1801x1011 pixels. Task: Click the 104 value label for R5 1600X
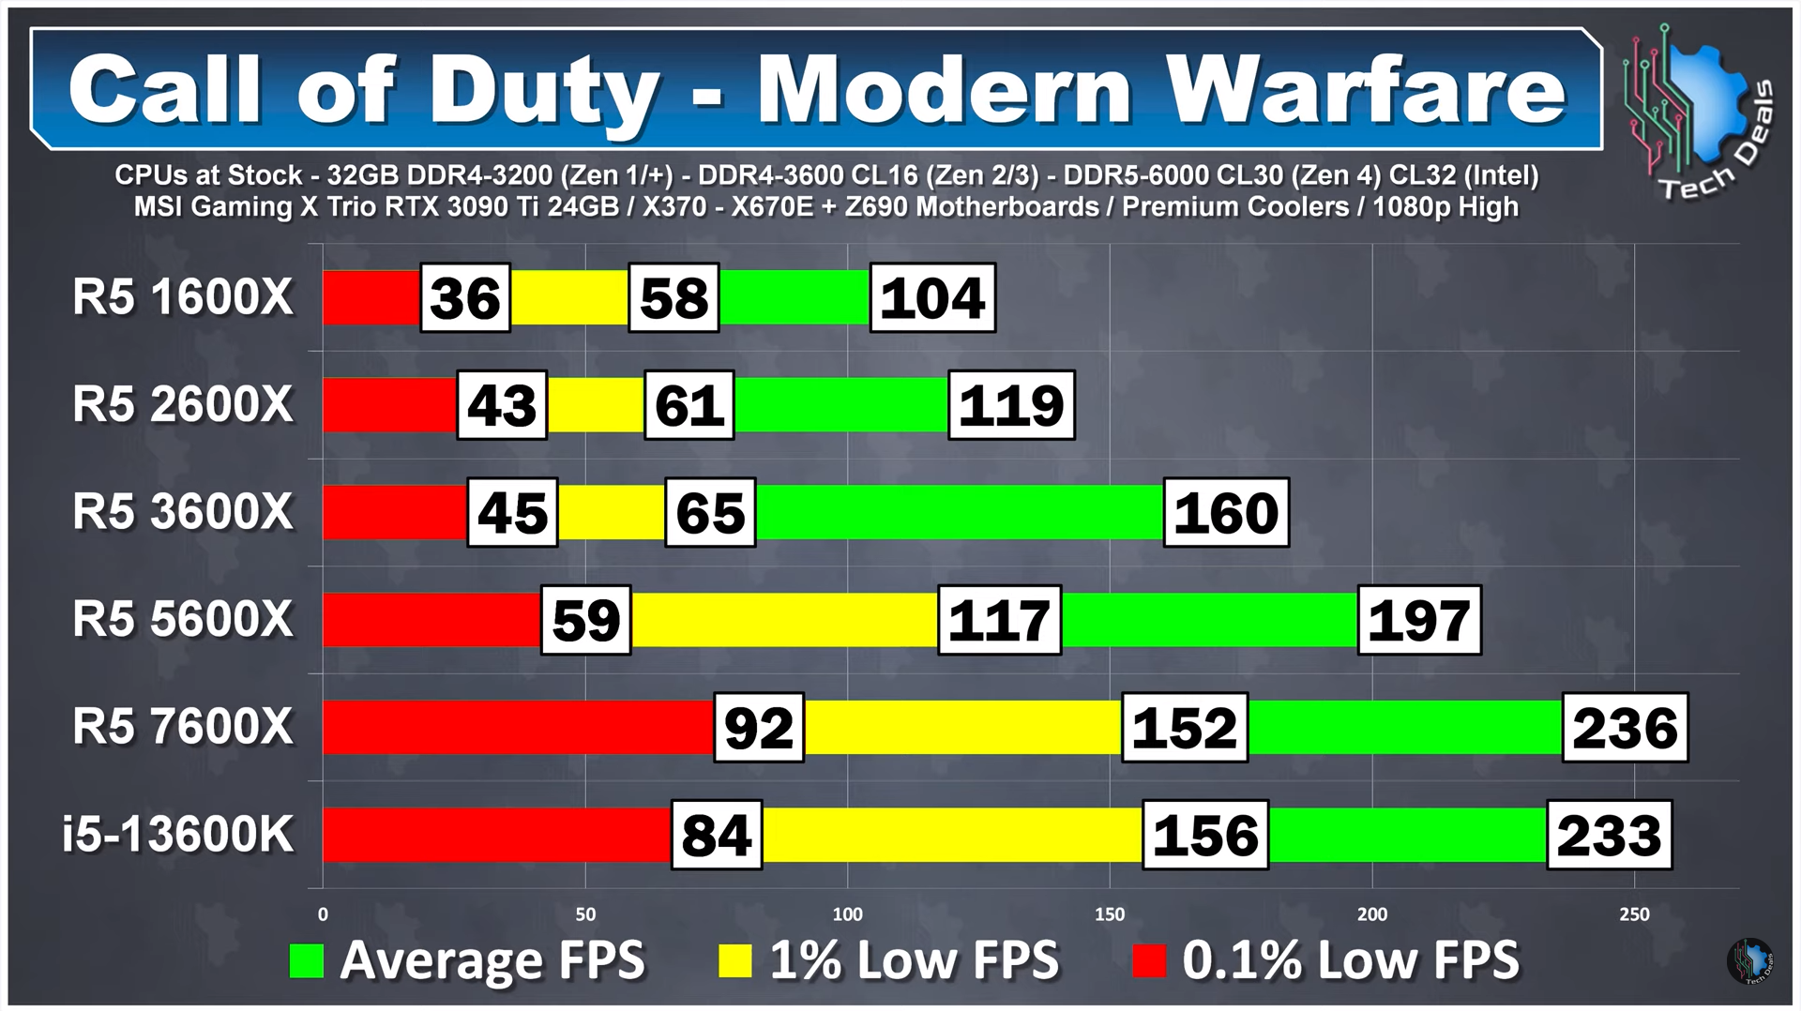932,298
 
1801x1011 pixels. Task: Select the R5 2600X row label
183,405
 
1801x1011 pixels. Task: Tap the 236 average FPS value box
1625,728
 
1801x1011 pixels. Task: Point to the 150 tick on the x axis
1110,914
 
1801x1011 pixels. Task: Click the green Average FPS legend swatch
307,960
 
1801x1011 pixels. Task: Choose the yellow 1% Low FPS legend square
734,960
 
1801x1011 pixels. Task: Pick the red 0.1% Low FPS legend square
1149,960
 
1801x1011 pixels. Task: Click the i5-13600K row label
178,835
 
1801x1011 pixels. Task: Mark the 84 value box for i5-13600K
717,835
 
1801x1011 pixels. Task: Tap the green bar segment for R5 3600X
959,512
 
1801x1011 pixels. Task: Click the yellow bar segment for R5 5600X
784,620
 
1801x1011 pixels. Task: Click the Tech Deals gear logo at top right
1698,108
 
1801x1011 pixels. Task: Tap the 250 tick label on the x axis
1634,914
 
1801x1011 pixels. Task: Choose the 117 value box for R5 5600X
999,620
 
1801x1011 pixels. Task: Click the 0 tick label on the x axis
324,914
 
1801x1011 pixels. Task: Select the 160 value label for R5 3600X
1226,513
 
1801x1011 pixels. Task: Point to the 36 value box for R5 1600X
465,298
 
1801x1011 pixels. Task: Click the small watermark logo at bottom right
1749,961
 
